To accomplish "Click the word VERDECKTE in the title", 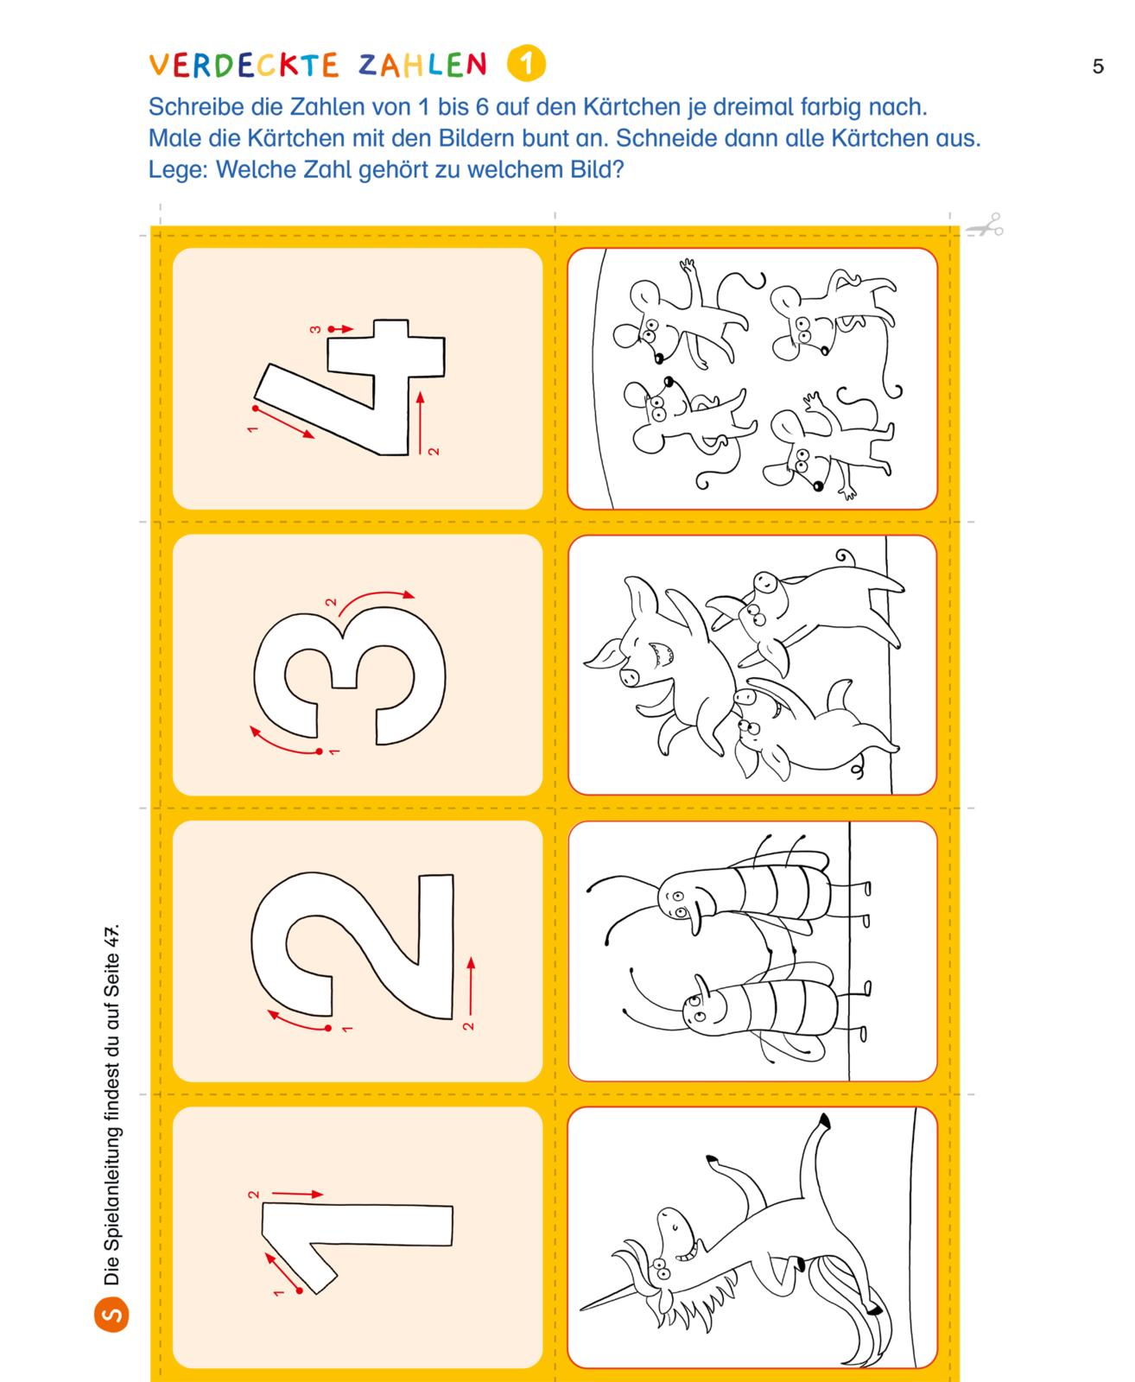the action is tap(244, 65).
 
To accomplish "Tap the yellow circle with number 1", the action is tap(526, 63).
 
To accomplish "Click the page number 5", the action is tap(1099, 67).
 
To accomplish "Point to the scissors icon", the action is tap(985, 225).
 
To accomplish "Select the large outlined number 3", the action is tap(349, 675).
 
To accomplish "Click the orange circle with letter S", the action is tap(112, 1315).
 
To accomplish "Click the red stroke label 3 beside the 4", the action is tap(316, 329).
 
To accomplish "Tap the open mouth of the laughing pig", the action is tap(660, 653).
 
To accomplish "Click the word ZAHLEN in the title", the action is tap(422, 65).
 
